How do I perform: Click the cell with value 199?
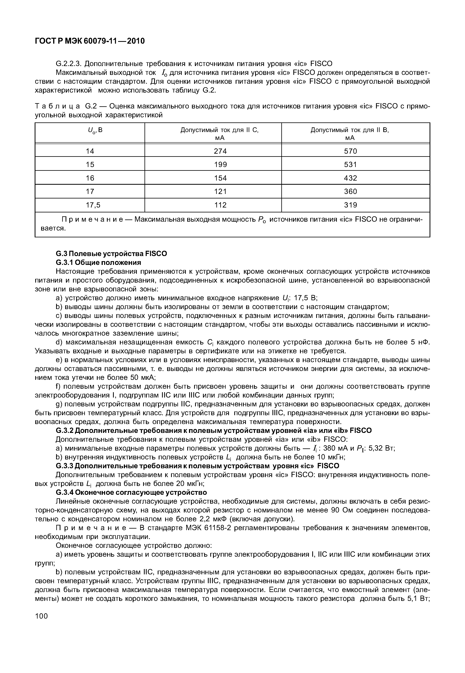click(220, 165)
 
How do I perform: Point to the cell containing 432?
click(350, 178)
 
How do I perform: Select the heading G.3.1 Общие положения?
click(98, 263)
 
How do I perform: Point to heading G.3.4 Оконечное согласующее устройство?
click(131, 492)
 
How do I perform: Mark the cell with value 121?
click(220, 192)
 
